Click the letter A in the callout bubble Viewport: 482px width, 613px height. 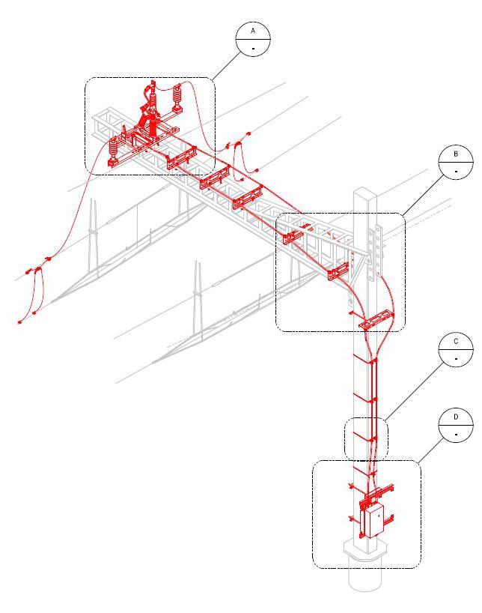253,31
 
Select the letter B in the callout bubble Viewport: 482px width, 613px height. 456,154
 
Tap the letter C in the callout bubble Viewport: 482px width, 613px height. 456,342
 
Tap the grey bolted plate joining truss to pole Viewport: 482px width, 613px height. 376,247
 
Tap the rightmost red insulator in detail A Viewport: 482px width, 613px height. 178,97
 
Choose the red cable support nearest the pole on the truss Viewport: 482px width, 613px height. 339,271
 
